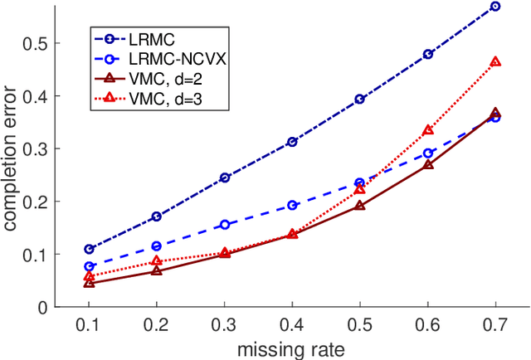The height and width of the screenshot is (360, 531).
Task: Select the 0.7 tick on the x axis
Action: pos(495,323)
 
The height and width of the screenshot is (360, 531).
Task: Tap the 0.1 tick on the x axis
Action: pos(90,323)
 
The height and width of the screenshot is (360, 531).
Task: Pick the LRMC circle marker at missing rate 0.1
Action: pos(90,249)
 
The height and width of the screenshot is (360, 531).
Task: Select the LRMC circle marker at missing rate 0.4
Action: pos(292,142)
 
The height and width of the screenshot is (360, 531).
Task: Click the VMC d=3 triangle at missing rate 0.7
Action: pos(495,61)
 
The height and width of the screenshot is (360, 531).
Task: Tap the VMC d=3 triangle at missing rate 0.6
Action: pos(428,130)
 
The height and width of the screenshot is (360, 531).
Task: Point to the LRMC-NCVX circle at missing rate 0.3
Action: pos(225,225)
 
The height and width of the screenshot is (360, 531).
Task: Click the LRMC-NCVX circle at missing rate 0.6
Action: pos(428,153)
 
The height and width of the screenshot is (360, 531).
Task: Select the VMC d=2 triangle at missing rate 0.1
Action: pos(90,283)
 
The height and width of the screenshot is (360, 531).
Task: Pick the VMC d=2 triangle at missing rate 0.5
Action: pos(360,205)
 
